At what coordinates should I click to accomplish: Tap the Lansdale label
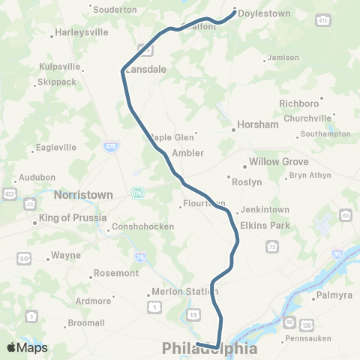(145, 68)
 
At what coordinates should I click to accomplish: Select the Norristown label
(83, 194)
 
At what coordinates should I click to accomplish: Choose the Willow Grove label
(275, 162)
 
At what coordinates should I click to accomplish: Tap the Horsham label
(257, 125)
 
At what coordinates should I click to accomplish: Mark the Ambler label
(187, 153)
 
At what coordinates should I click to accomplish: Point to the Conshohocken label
(142, 227)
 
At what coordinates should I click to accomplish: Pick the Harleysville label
(82, 33)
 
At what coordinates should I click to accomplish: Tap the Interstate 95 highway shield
(338, 256)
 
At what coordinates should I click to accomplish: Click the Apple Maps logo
(27, 347)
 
